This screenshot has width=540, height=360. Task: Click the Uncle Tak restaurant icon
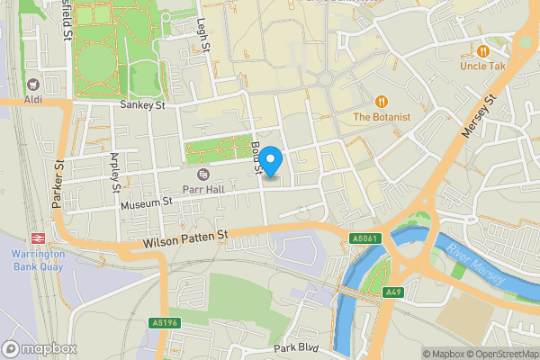[484, 51]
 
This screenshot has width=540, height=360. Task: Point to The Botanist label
[382, 117]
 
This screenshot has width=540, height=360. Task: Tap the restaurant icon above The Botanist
[382, 102]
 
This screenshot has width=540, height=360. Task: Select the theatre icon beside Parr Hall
[202, 173]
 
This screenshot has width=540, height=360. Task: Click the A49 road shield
[393, 292]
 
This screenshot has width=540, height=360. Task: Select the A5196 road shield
[164, 322]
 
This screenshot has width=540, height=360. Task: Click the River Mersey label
[478, 267]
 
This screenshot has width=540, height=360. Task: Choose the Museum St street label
[145, 204]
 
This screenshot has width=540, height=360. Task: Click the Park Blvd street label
[298, 347]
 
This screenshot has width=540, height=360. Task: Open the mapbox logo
[38, 348]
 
